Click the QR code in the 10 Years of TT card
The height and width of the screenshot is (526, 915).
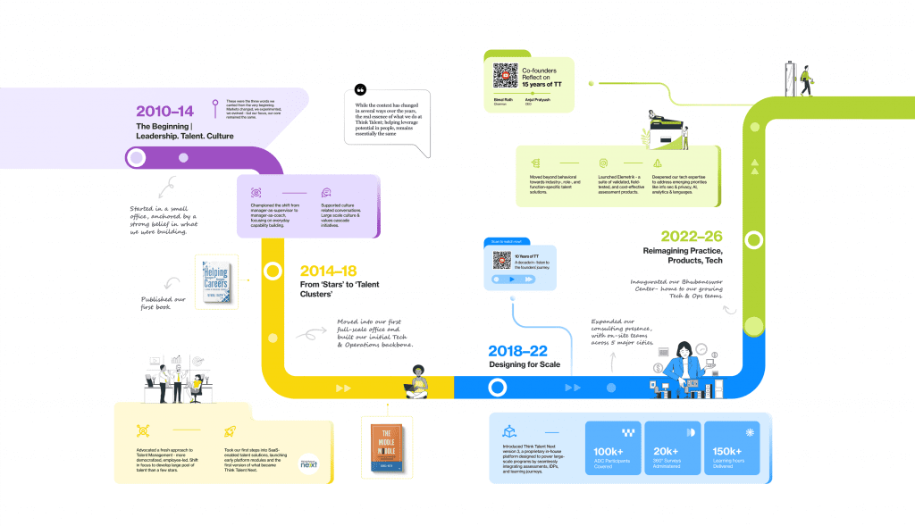click(501, 261)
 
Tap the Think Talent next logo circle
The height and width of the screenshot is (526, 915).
click(308, 464)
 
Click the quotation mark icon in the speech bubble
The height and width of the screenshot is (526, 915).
click(361, 90)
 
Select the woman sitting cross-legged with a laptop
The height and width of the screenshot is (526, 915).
click(418, 381)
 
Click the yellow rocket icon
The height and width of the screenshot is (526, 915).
click(229, 430)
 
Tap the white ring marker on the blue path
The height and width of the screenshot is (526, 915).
click(496, 388)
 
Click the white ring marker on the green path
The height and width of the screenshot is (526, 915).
click(753, 240)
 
